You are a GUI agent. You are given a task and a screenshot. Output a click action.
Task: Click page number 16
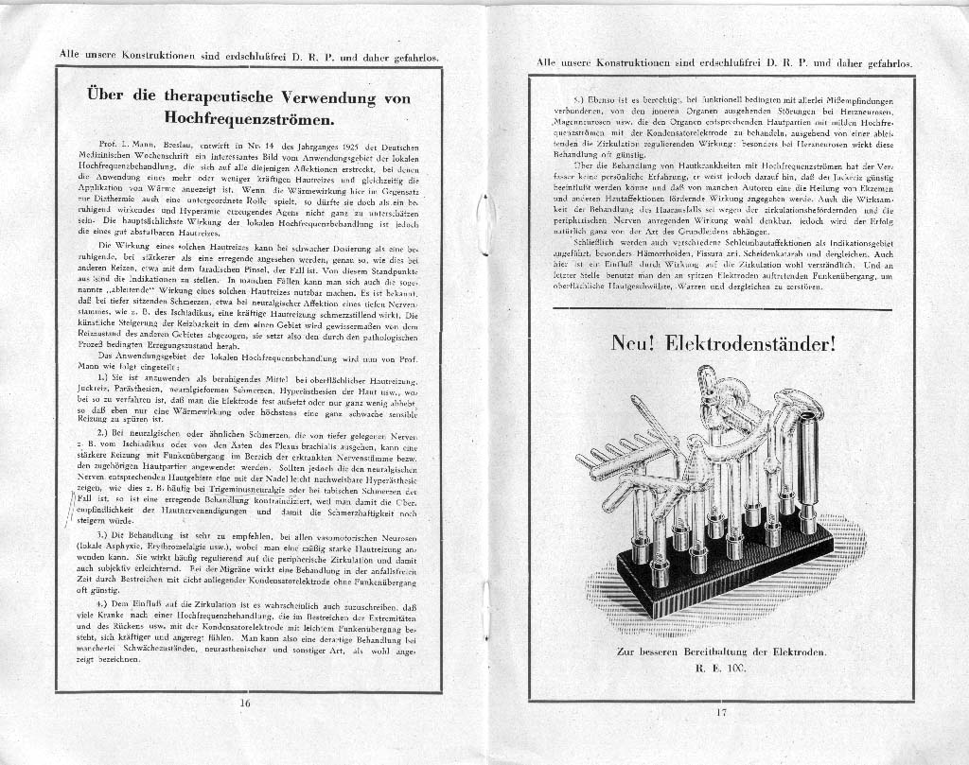(245, 703)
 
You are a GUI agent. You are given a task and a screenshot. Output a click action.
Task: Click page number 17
(721, 712)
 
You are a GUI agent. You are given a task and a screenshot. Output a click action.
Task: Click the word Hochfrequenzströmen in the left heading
(249, 120)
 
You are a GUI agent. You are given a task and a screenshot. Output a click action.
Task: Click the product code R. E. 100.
(721, 669)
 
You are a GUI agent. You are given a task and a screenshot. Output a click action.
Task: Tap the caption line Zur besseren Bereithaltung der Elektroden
(721, 652)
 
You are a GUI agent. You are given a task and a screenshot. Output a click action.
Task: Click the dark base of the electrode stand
(719, 577)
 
